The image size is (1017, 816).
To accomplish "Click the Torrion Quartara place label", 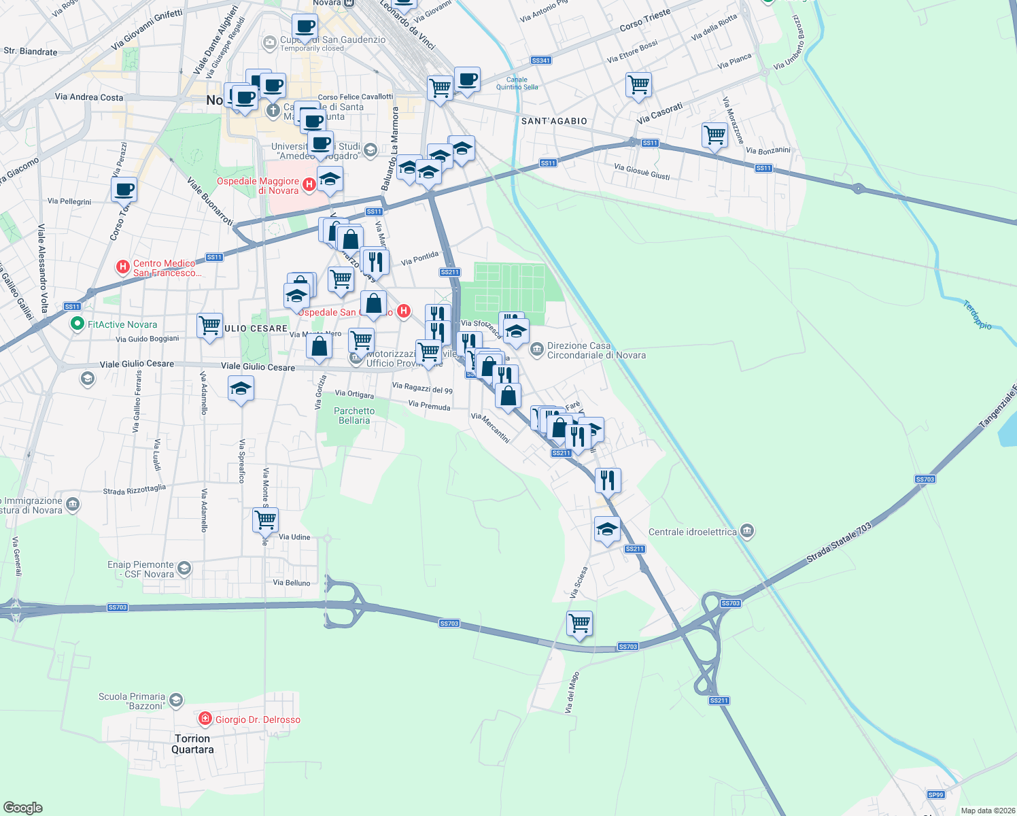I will coord(192,744).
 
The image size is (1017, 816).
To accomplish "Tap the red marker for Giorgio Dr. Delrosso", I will coord(205,719).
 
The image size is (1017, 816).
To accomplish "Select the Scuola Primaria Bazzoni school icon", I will coord(176,700).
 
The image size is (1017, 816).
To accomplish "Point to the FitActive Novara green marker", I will coord(77,324).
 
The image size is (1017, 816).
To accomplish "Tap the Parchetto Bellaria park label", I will coord(354,415).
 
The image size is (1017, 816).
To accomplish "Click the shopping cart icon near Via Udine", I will coord(265,520).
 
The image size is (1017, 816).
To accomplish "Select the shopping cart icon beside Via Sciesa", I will coord(579,622).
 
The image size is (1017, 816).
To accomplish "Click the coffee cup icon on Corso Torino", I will coord(124,189).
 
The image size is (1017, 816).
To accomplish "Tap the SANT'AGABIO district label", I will coord(554,121).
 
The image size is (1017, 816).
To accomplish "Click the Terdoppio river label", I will coord(978,316).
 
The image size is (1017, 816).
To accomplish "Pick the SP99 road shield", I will coord(935,795).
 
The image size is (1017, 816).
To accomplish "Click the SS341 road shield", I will coord(541,61).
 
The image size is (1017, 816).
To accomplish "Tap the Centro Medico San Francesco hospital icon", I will coord(123,267).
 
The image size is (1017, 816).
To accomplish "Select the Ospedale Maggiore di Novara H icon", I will coord(309,184).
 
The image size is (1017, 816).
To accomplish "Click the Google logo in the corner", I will coord(22,807).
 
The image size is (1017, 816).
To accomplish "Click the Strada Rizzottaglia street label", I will coord(134,490).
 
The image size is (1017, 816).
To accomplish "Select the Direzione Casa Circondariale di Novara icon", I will coord(537,350).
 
